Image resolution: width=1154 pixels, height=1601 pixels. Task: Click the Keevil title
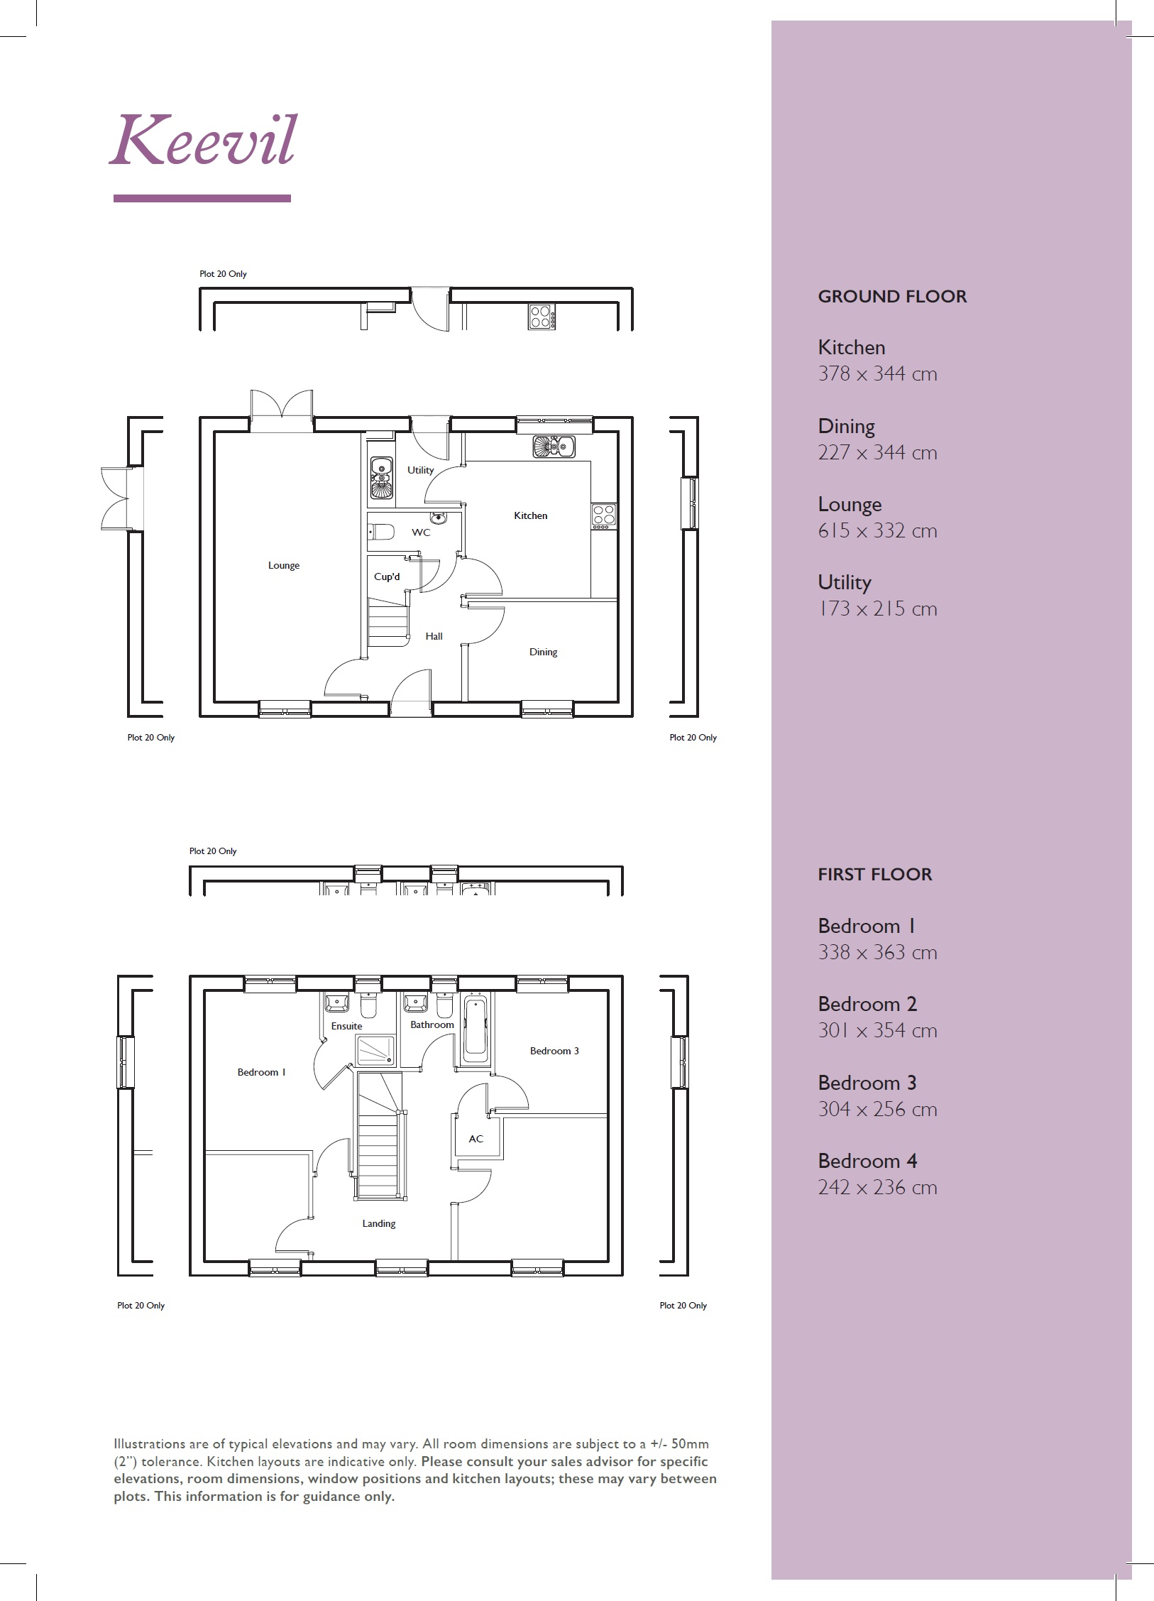(x=203, y=141)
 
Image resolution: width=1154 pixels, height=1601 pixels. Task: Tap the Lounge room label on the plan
(x=283, y=565)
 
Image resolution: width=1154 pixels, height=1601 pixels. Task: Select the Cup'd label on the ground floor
(x=387, y=577)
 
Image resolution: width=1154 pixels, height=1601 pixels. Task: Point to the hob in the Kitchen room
(x=603, y=516)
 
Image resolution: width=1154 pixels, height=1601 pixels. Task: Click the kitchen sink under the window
(x=554, y=447)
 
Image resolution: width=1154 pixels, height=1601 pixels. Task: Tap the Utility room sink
(x=381, y=477)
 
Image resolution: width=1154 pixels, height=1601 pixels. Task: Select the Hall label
(x=434, y=636)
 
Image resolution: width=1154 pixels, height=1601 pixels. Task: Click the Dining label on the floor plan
(x=543, y=652)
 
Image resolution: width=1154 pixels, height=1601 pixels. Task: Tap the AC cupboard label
(x=476, y=1139)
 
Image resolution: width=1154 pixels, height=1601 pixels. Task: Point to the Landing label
(x=378, y=1223)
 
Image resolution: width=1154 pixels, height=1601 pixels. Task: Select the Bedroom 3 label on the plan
(x=554, y=1051)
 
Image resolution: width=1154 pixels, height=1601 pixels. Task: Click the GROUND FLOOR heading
(x=892, y=297)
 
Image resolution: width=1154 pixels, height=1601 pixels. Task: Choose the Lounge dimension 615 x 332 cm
(x=877, y=531)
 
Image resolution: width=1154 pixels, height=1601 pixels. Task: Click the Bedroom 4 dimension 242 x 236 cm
(x=877, y=1188)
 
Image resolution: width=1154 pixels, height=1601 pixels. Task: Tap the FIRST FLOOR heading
(x=874, y=875)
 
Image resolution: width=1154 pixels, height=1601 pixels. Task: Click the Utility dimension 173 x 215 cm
(x=877, y=609)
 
